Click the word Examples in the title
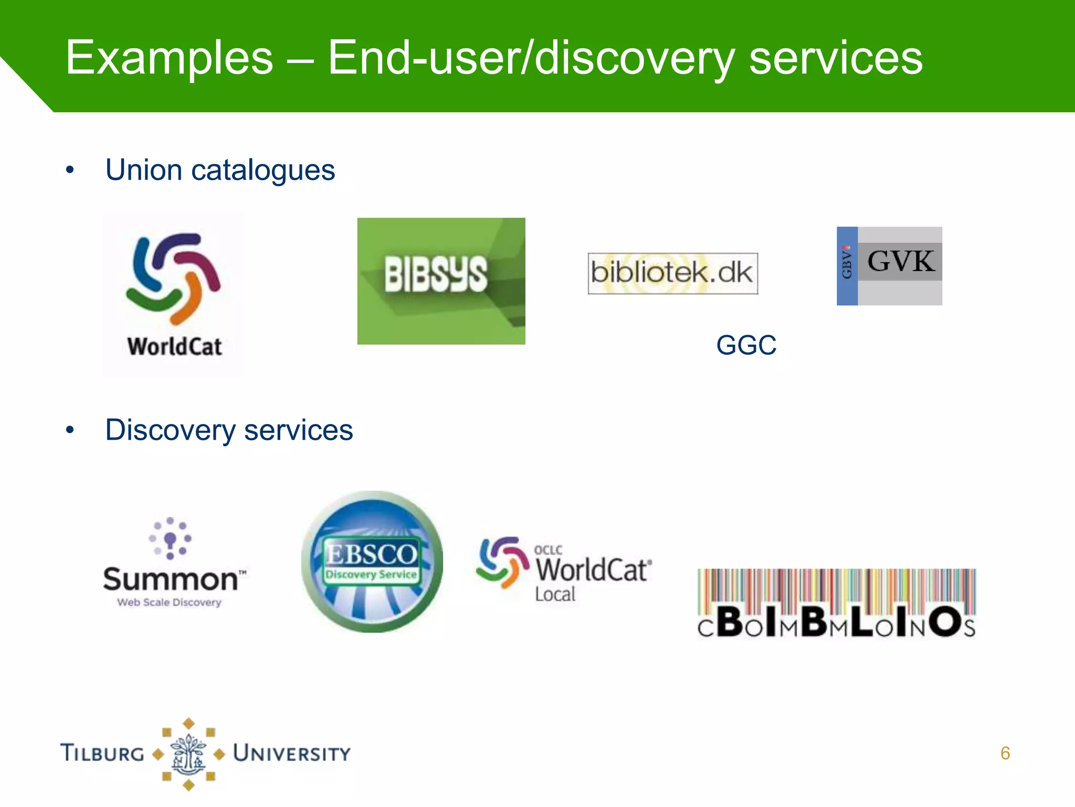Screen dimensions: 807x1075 click(x=169, y=58)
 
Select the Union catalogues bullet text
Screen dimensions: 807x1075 click(x=220, y=170)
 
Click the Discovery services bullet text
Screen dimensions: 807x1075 click(x=229, y=430)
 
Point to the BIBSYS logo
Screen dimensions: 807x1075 click(x=441, y=281)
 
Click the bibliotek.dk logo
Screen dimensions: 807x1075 click(x=672, y=273)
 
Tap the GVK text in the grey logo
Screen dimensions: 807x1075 click(x=901, y=261)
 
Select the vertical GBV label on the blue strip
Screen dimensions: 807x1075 click(x=847, y=262)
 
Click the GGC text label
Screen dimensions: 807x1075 click(x=746, y=345)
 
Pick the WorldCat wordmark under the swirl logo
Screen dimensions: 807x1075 click(x=174, y=347)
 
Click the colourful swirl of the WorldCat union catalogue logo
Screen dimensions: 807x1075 click(x=173, y=278)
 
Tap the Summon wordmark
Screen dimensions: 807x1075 click(x=171, y=580)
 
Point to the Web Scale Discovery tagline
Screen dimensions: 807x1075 click(x=169, y=603)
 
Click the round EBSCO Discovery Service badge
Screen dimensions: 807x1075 click(x=372, y=561)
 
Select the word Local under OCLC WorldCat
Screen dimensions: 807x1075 click(x=555, y=594)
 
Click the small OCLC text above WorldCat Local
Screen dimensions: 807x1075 click(x=548, y=550)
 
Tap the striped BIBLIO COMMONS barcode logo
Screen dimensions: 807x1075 click(x=837, y=603)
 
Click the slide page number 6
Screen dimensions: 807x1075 click(x=1005, y=753)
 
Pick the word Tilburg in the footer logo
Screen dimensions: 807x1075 click(x=103, y=753)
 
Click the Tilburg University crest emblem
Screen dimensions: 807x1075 click(x=188, y=754)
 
